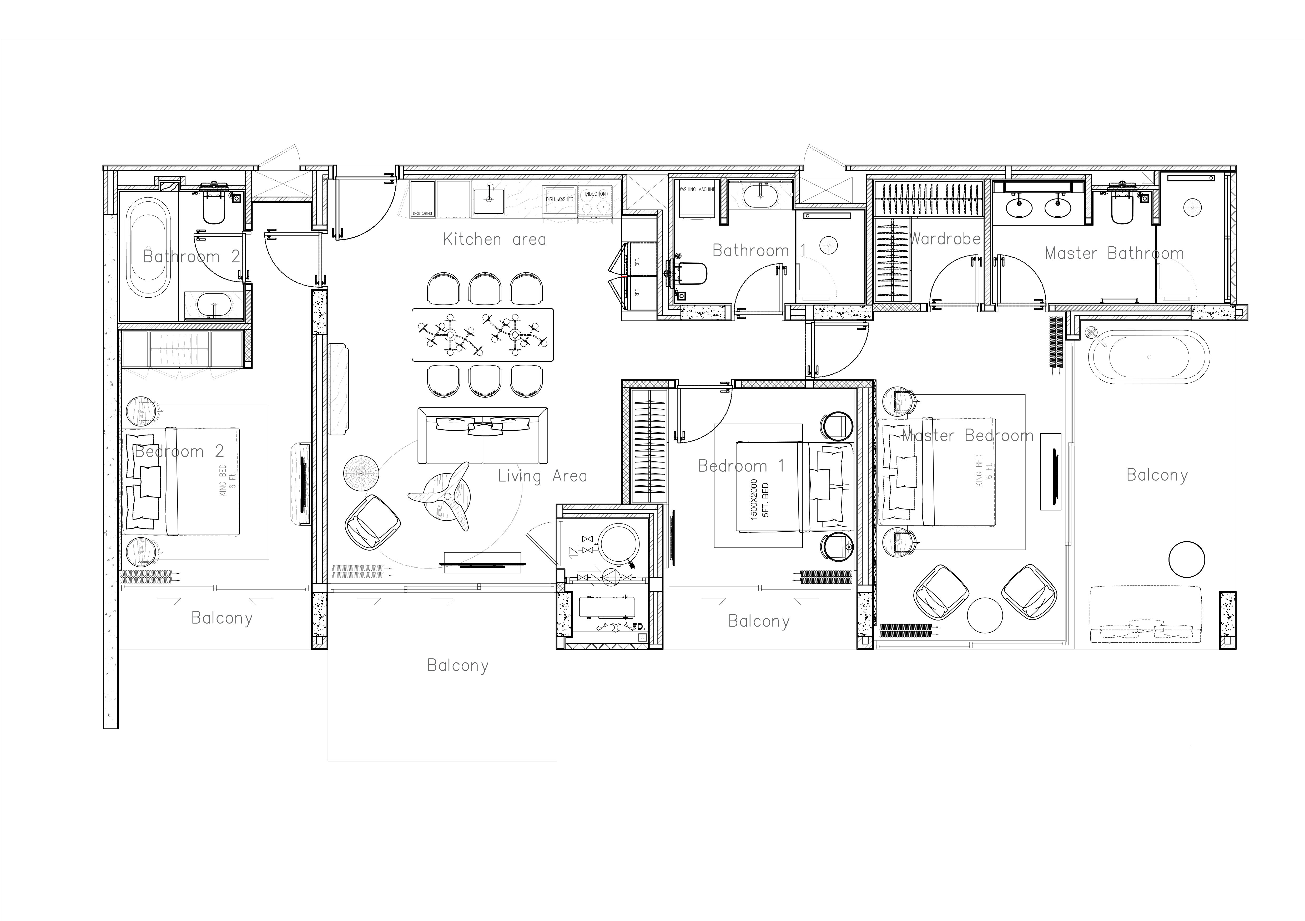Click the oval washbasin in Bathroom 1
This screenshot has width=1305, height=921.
760,196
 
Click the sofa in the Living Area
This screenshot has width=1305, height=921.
482,435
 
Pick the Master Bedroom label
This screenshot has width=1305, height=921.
968,436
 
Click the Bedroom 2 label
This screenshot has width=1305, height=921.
179,452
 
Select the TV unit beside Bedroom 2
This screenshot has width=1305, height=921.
301,484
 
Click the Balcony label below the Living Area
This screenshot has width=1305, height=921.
457,665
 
